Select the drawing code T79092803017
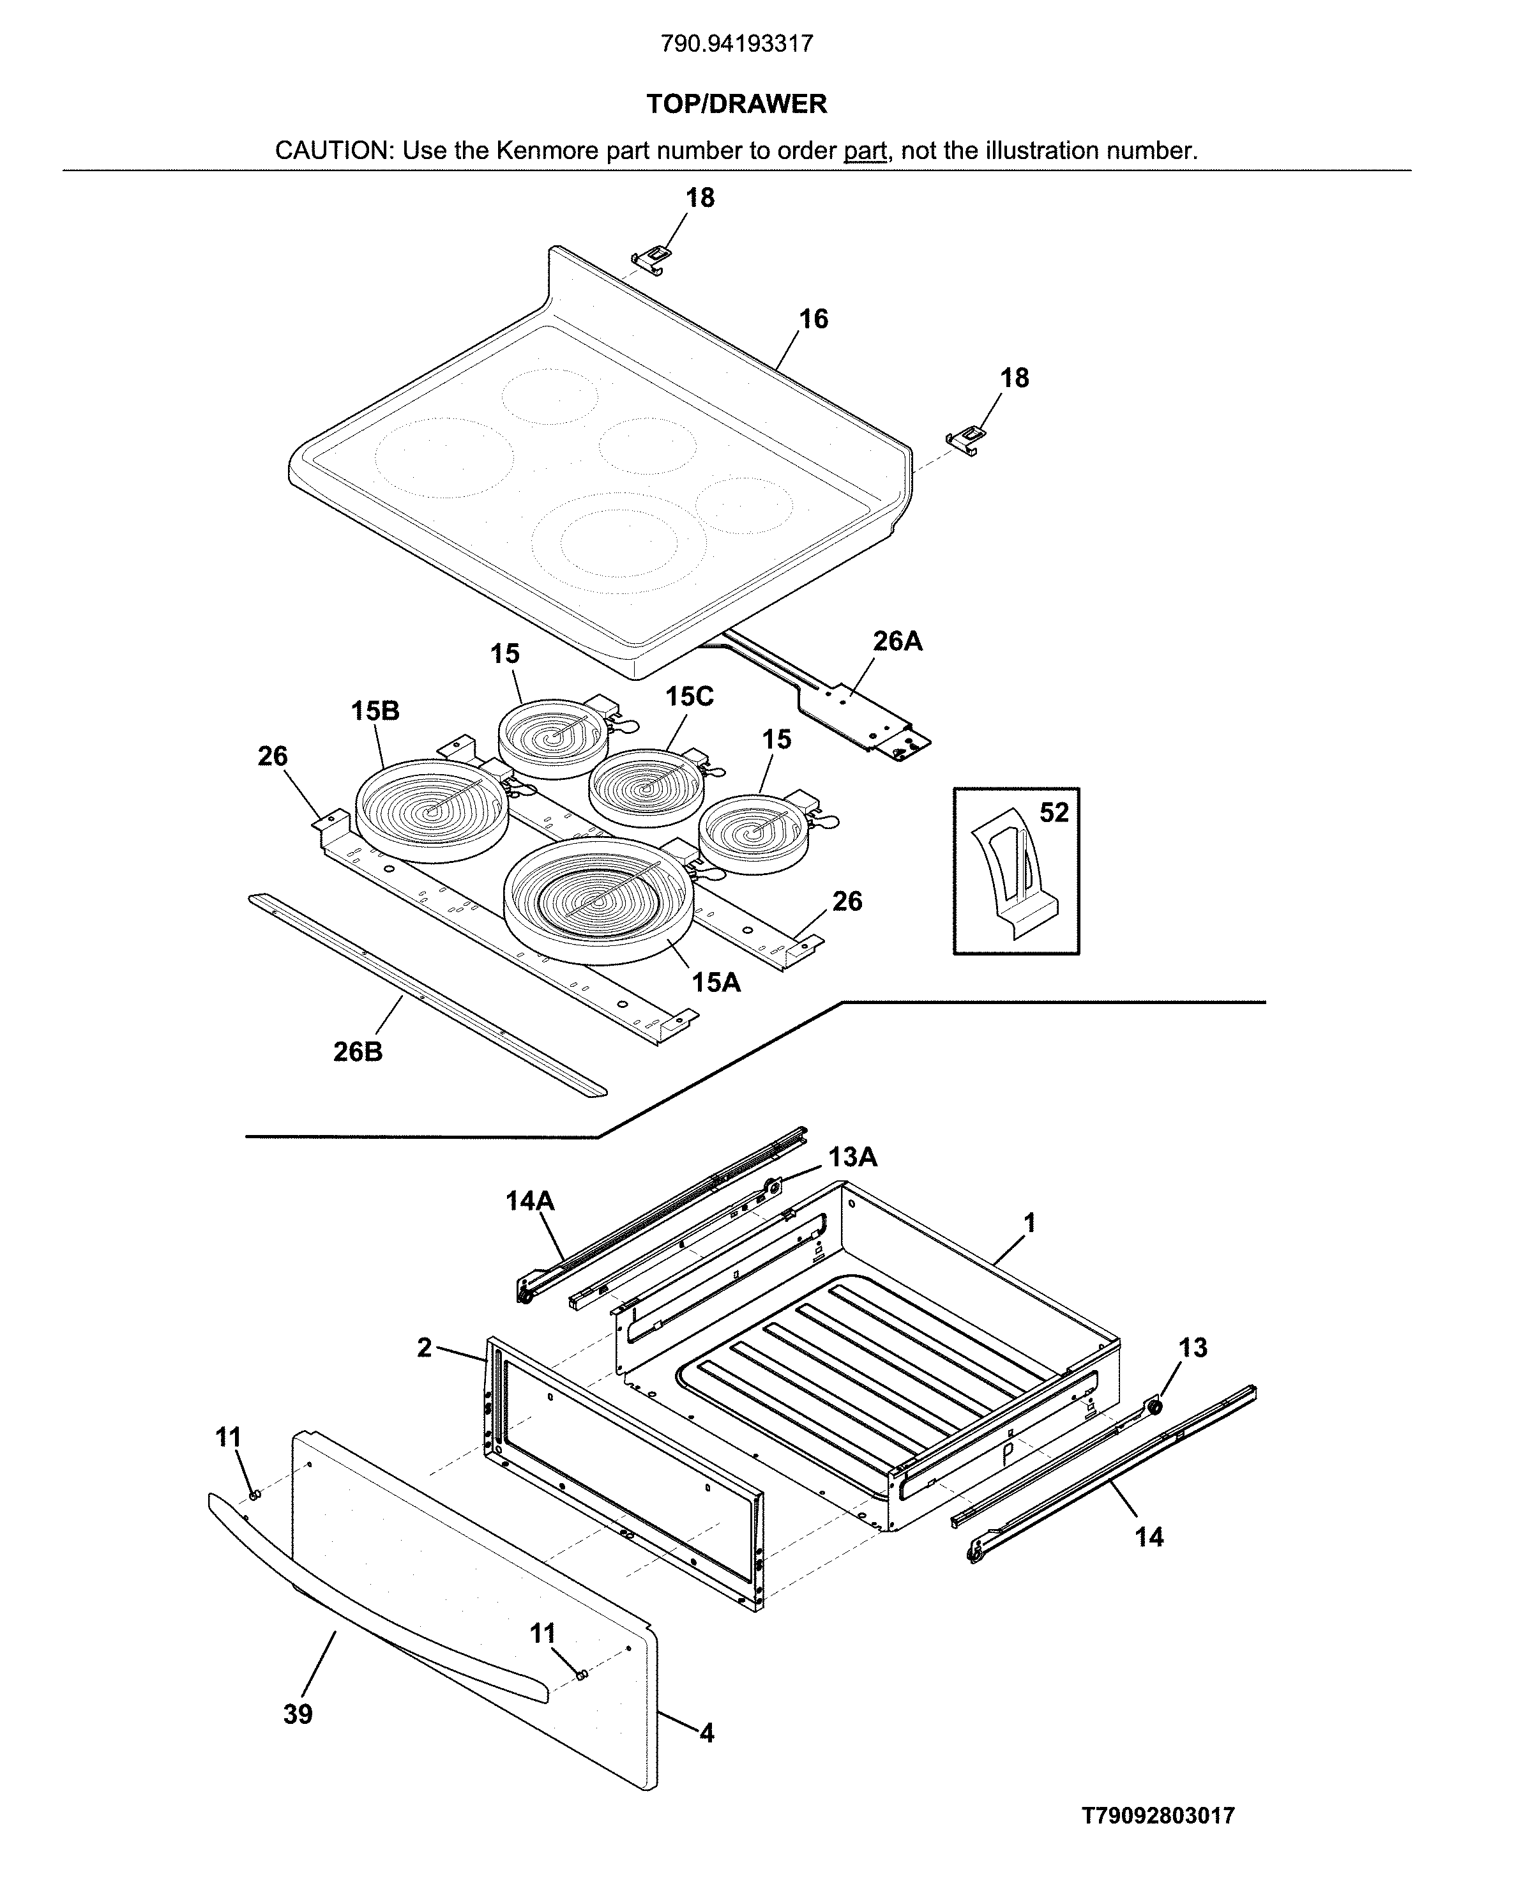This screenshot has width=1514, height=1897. coord(1158,1815)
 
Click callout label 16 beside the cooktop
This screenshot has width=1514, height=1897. coord(813,319)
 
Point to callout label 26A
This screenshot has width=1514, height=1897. coord(897,641)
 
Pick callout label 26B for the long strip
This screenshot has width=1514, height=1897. coord(358,1051)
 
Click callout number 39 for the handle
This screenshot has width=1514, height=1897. coord(298,1714)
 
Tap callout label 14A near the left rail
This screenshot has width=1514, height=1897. coord(529,1200)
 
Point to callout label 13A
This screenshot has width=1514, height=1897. coord(852,1157)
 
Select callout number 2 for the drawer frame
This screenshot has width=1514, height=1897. coord(425,1347)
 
